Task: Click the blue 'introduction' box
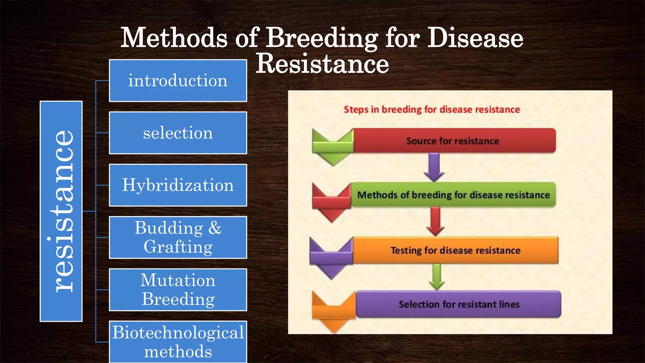pos(178,81)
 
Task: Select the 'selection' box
pos(178,133)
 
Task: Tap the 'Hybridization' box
pos(178,185)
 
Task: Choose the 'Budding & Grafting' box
pos(178,238)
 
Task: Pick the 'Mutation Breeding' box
pos(178,290)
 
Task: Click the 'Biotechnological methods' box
pos(178,342)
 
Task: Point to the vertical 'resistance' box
pos(61,211)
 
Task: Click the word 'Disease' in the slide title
pos(475,38)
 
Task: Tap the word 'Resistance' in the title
pos(322,64)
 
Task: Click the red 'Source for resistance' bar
pos(454,141)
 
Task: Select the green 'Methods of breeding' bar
pos(454,195)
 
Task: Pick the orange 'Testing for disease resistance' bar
pos(455,250)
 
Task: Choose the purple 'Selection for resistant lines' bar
pos(459,304)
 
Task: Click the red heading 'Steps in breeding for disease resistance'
pos(431,110)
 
